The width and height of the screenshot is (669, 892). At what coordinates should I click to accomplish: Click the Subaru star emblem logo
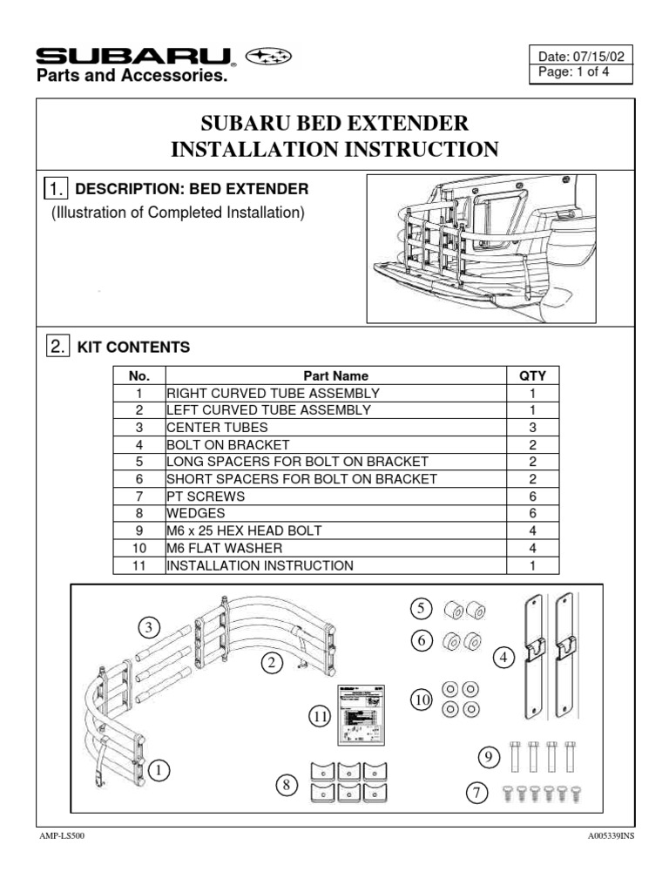pyautogui.click(x=270, y=57)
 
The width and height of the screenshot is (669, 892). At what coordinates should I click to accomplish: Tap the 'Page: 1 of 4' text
pyautogui.click(x=575, y=73)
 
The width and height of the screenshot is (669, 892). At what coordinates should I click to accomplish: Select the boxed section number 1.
pyautogui.click(x=55, y=189)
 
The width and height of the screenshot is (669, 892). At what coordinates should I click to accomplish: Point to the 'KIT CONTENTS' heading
pyautogui.click(x=133, y=347)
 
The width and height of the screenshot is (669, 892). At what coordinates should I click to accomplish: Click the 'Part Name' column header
pyautogui.click(x=337, y=376)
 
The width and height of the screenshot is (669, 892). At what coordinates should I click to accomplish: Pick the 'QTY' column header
pyautogui.click(x=532, y=376)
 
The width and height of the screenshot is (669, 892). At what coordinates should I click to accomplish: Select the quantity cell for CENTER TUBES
pyautogui.click(x=532, y=428)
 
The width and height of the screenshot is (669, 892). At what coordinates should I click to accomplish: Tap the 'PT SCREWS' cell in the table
pyautogui.click(x=206, y=497)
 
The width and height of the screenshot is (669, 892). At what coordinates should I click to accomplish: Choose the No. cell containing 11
pyautogui.click(x=139, y=565)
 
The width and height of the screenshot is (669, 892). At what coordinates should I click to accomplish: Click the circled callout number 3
pyautogui.click(x=149, y=627)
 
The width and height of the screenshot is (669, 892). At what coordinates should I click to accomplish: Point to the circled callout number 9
pyautogui.click(x=488, y=760)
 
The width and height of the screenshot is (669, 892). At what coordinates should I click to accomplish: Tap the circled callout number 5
pyautogui.click(x=422, y=608)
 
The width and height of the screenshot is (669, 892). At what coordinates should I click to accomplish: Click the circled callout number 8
pyautogui.click(x=285, y=786)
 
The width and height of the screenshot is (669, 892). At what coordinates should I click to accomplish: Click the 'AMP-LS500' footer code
pyautogui.click(x=62, y=835)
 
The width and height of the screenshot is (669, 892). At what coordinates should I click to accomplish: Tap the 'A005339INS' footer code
pyautogui.click(x=611, y=835)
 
